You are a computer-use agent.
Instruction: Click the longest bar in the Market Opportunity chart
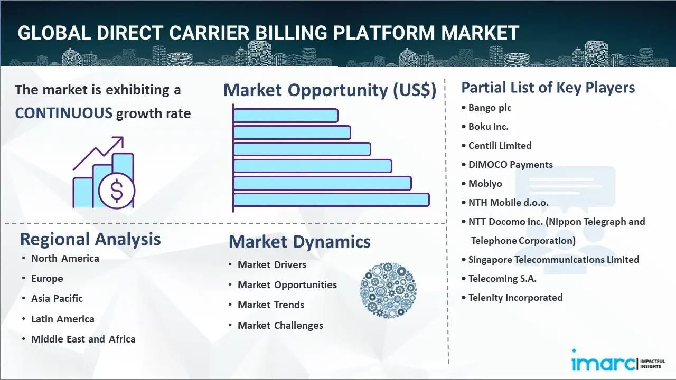click(x=331, y=200)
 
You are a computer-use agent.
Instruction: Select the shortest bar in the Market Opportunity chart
click(x=285, y=116)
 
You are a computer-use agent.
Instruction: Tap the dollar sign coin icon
click(x=117, y=191)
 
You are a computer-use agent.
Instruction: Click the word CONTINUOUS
click(x=64, y=113)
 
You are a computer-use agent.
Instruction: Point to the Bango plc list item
click(x=490, y=108)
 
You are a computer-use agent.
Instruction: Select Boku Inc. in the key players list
click(x=489, y=127)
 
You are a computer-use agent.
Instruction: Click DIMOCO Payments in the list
click(x=510, y=165)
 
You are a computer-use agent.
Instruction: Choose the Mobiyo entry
click(x=485, y=184)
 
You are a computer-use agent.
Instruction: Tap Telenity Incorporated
click(x=515, y=298)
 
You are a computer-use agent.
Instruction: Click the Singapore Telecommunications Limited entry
click(x=554, y=260)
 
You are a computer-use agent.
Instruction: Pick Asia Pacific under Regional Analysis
click(x=57, y=299)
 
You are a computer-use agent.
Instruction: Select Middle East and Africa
click(x=83, y=339)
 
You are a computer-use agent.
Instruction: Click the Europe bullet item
click(x=47, y=278)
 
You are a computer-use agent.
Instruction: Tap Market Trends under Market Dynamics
click(x=271, y=305)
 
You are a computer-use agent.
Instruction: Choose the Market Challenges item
click(x=280, y=326)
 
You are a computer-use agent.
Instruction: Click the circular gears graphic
click(x=388, y=290)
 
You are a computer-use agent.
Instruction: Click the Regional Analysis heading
click(x=90, y=239)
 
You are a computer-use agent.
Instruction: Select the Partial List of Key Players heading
click(x=548, y=88)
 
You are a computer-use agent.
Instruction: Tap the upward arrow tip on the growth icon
click(x=123, y=138)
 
